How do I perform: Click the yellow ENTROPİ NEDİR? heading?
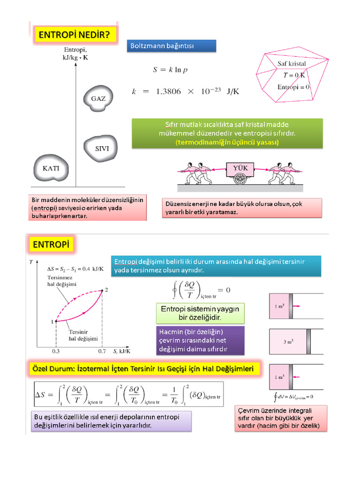[x=75, y=35]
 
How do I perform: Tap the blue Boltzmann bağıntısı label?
[x=172, y=46]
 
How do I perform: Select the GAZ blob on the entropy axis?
[x=98, y=98]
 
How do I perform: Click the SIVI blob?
[x=101, y=149]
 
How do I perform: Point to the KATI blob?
[x=51, y=168]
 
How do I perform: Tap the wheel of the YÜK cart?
[x=240, y=179]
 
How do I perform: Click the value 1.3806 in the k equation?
[x=168, y=91]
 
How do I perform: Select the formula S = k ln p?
[x=170, y=70]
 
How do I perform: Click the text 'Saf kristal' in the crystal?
[x=292, y=64]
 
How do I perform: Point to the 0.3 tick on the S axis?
[x=56, y=351]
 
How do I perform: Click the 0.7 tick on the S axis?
[x=102, y=351]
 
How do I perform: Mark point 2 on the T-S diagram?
[x=102, y=290]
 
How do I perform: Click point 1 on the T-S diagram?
[x=56, y=322]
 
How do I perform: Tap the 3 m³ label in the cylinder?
[x=288, y=342]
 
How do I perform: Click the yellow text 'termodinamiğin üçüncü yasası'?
[x=227, y=142]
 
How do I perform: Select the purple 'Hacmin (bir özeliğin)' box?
[x=200, y=341]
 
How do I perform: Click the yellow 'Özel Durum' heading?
[x=143, y=368]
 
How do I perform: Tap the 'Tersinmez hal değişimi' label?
[x=62, y=281]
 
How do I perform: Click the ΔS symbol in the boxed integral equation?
[x=40, y=395]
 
